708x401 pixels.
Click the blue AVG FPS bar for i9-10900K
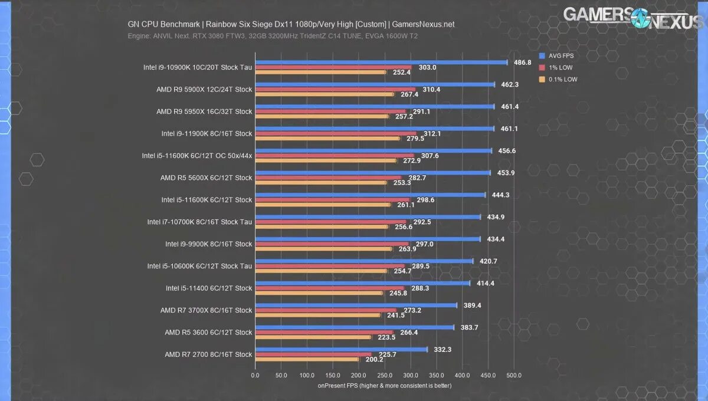(381, 62)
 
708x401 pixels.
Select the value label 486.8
(523, 62)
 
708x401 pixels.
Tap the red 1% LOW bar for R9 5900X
(335, 90)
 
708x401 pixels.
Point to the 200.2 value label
(373, 359)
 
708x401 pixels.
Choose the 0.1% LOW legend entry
(561, 79)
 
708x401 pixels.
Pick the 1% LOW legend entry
(559, 67)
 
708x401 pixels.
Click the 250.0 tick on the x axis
(385, 375)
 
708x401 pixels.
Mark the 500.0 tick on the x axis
(514, 375)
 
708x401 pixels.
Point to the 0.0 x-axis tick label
(255, 375)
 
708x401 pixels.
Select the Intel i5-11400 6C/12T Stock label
(209, 288)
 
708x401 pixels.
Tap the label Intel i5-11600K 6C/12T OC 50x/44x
(197, 156)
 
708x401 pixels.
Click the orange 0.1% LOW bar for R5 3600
(313, 337)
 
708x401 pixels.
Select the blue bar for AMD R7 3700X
(356, 305)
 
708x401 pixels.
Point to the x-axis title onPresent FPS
(384, 386)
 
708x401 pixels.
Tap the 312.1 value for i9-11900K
(432, 133)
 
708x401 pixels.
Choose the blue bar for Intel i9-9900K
(368, 239)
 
